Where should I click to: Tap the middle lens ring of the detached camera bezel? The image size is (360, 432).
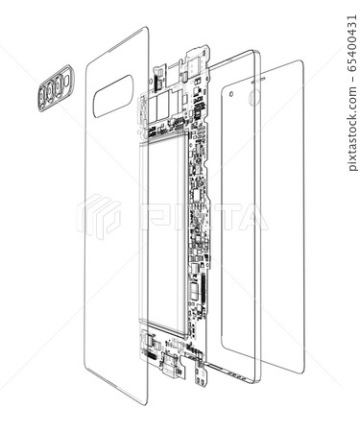(51, 88)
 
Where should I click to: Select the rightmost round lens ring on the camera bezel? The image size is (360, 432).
(60, 82)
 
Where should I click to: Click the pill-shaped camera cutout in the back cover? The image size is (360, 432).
(114, 97)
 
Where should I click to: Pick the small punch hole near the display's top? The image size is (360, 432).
(232, 93)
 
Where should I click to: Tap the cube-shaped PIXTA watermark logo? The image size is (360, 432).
(99, 216)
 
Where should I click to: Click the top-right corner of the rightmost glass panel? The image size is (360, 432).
(300, 62)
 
